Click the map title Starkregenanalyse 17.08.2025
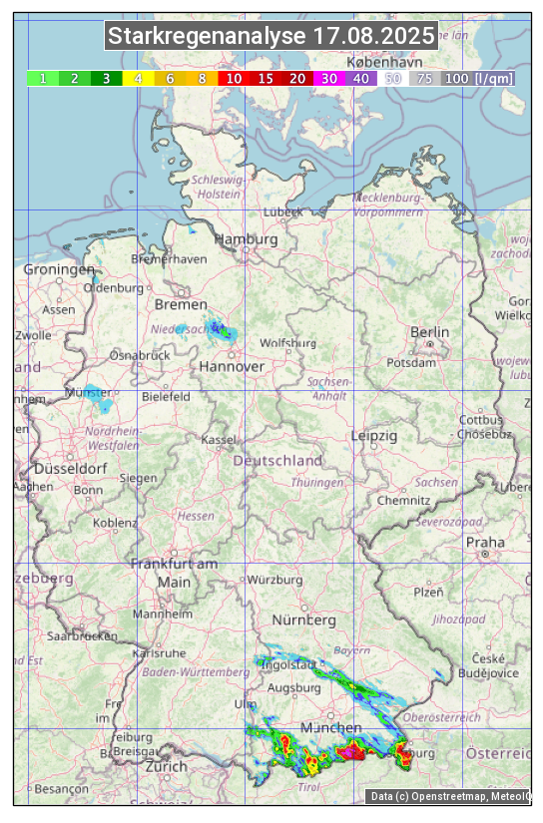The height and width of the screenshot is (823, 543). click(271, 37)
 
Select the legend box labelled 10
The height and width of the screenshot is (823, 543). click(233, 78)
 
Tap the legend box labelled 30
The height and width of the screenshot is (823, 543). click(328, 78)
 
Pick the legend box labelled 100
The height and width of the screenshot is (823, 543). click(456, 78)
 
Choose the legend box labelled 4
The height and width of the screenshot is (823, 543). click(138, 78)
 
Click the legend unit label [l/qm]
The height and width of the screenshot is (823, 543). click(494, 78)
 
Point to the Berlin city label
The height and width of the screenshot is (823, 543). click(429, 332)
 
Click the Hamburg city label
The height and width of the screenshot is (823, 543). click(246, 239)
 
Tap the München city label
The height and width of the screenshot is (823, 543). click(330, 727)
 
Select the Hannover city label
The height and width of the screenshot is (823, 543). click(232, 366)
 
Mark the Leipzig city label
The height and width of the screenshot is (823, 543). click(374, 436)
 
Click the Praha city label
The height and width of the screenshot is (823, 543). click(485, 543)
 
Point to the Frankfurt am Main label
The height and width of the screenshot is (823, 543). click(174, 573)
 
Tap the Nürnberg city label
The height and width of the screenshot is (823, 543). click(303, 620)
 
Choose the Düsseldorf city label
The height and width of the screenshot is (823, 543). click(70, 469)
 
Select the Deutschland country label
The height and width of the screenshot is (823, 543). click(277, 461)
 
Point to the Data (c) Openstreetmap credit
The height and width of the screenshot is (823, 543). click(449, 796)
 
